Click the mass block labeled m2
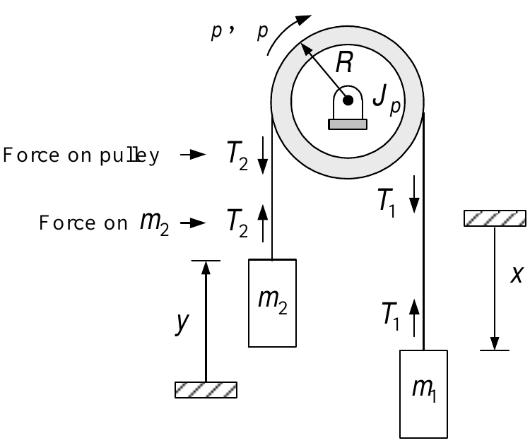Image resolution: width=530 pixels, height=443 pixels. tap(273, 303)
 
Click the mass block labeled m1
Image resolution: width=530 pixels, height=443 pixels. tap(423, 394)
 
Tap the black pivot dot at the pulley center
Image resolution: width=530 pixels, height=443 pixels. tap(348, 100)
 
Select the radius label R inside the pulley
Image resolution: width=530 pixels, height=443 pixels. tap(344, 62)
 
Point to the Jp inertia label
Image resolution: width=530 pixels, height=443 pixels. tap(387, 100)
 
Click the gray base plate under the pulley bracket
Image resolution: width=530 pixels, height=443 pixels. tap(348, 124)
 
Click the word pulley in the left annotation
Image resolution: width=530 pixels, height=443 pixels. tap(129, 155)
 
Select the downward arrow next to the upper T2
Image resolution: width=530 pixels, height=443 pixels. tap(263, 155)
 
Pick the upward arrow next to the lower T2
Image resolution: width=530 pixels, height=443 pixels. tap(263, 223)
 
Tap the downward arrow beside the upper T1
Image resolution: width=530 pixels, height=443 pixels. tap(414, 194)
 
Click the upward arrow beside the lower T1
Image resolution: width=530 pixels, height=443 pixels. tap(414, 318)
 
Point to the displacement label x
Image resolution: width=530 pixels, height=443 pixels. tap(517, 274)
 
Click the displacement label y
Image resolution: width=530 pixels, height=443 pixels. tap(182, 322)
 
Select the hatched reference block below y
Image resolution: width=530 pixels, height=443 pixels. tap(206, 390)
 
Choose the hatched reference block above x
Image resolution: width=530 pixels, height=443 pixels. tap(495, 218)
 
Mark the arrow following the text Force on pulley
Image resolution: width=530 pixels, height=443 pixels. tap(193, 155)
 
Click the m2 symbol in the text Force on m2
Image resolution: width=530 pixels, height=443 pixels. tap(155, 223)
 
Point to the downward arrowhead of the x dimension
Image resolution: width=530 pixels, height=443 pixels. tap(495, 343)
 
